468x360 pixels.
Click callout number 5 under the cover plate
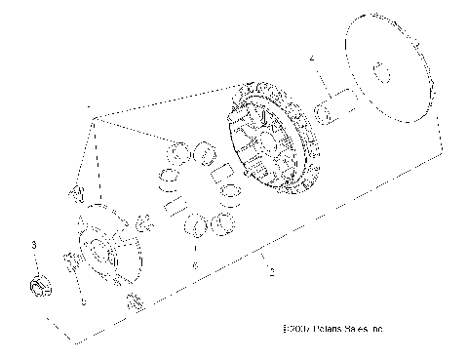(x=82, y=301)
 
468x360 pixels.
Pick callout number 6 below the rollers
(x=195, y=264)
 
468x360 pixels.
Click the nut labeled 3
(x=39, y=287)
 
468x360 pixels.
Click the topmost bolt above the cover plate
(x=75, y=191)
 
